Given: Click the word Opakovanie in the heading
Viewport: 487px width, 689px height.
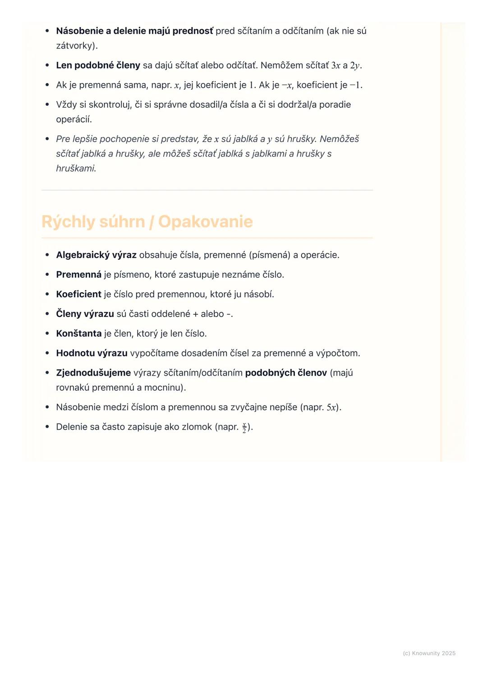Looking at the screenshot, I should pyautogui.click(x=205, y=222).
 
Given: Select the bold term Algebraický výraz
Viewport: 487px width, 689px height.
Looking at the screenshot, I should pyautogui.click(x=96, y=255).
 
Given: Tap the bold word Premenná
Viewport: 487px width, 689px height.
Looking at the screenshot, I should pyautogui.click(x=78, y=275).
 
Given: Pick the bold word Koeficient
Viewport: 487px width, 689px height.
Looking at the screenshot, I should pyautogui.click(x=78, y=294).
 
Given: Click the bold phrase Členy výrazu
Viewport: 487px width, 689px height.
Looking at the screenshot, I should pyautogui.click(x=85, y=314).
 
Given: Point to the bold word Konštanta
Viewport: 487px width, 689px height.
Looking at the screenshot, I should pyautogui.click(x=78, y=334).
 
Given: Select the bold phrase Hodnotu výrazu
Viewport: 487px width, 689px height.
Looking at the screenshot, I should pyautogui.click(x=92, y=353).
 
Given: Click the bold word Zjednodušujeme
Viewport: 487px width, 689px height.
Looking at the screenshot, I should pyautogui.click(x=93, y=373).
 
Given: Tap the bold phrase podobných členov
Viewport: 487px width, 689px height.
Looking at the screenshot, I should pyautogui.click(x=286, y=373).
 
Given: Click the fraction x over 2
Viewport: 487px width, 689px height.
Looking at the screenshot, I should pyautogui.click(x=244, y=427).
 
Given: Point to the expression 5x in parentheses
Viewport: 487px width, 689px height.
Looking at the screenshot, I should pyautogui.click(x=331, y=408).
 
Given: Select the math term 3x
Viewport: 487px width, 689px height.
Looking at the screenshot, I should pyautogui.click(x=335, y=66).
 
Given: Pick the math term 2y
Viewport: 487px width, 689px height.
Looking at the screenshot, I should pyautogui.click(x=355, y=66).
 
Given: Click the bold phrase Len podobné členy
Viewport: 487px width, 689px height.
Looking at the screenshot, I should pyautogui.click(x=98, y=65).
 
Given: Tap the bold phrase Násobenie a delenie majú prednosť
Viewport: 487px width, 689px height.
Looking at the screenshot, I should pyautogui.click(x=134, y=31).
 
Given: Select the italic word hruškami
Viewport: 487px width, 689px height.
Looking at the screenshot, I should pyautogui.click(x=75, y=169).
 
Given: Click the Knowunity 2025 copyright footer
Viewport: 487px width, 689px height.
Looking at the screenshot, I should pyautogui.click(x=429, y=653).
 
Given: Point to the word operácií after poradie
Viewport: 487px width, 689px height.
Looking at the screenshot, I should pyautogui.click(x=73, y=119).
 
